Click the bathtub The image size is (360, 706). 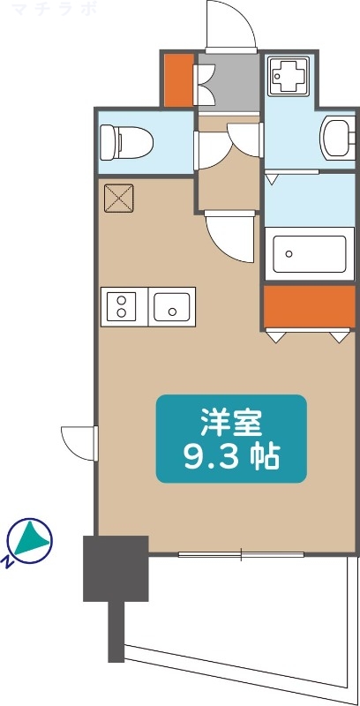pyautogui.click(x=308, y=254)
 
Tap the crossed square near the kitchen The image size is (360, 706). pyautogui.click(x=118, y=198)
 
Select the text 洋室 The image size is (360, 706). pyautogui.click(x=231, y=424)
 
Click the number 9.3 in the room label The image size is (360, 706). pyautogui.click(x=208, y=457)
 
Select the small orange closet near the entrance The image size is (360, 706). pyautogui.click(x=177, y=79)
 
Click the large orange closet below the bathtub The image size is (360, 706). pyautogui.click(x=308, y=306)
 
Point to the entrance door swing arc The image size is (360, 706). pyautogui.click(x=230, y=26)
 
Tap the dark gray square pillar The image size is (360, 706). pyautogui.click(x=115, y=568)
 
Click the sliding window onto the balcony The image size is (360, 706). pyautogui.click(x=242, y=554)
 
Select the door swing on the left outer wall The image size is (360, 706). pyautogui.click(x=79, y=441)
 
